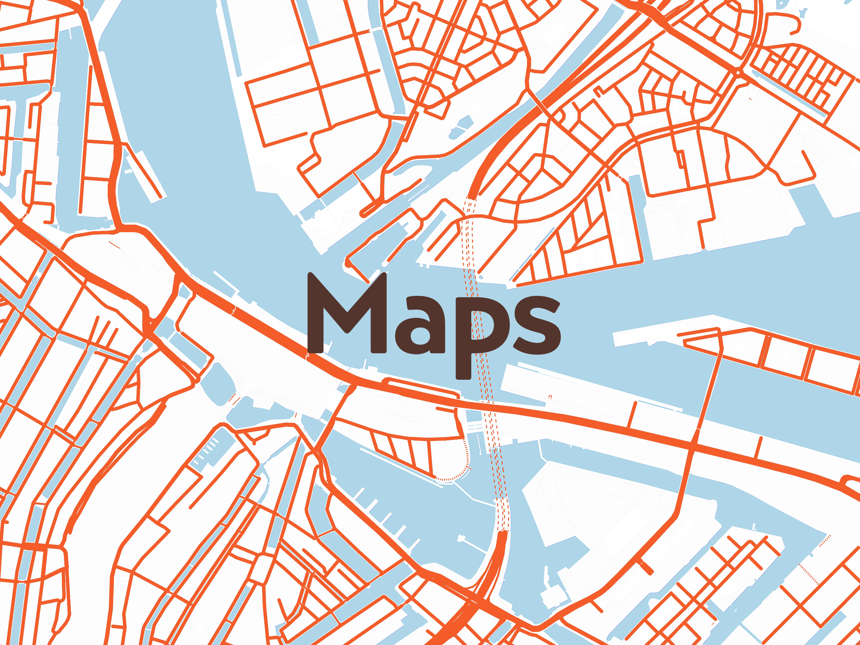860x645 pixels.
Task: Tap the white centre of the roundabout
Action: click(738, 72)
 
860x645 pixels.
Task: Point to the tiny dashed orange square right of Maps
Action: click(550, 397)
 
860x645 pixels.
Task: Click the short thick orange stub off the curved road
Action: click(646, 568)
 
